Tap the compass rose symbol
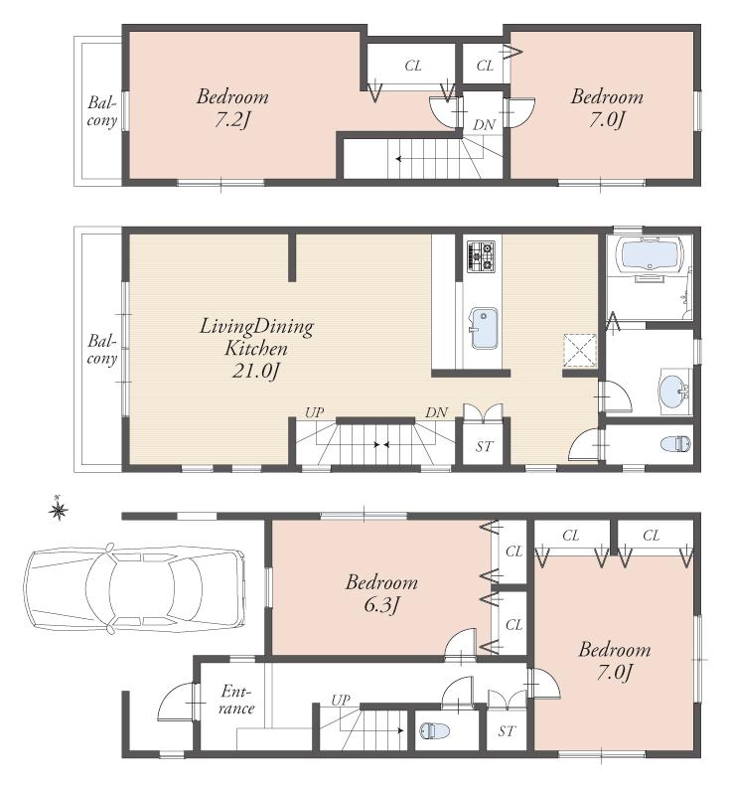[59, 511]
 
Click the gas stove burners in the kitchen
[482, 256]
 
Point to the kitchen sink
[484, 329]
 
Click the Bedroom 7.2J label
[232, 107]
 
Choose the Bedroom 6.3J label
[381, 592]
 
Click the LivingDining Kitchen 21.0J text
[256, 349]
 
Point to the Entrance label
[237, 700]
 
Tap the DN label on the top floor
[484, 124]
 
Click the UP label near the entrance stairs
[341, 700]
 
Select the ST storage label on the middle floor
[484, 446]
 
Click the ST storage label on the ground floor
[508, 732]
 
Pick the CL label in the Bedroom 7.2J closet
[413, 66]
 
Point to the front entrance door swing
[175, 702]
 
